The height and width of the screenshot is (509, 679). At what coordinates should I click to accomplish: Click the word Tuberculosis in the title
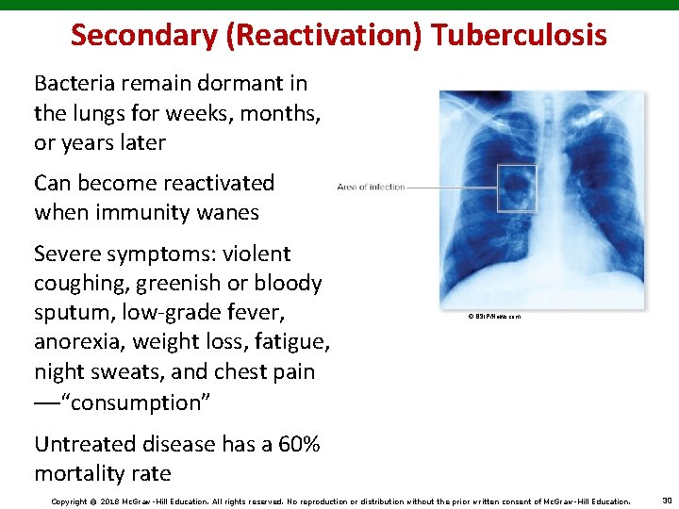520,35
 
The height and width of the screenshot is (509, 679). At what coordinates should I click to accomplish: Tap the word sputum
73,313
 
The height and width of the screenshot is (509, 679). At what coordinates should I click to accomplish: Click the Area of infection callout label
371,187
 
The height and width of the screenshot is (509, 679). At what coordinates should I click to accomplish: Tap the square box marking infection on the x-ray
516,188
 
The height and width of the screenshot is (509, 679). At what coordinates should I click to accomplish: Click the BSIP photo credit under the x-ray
493,317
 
